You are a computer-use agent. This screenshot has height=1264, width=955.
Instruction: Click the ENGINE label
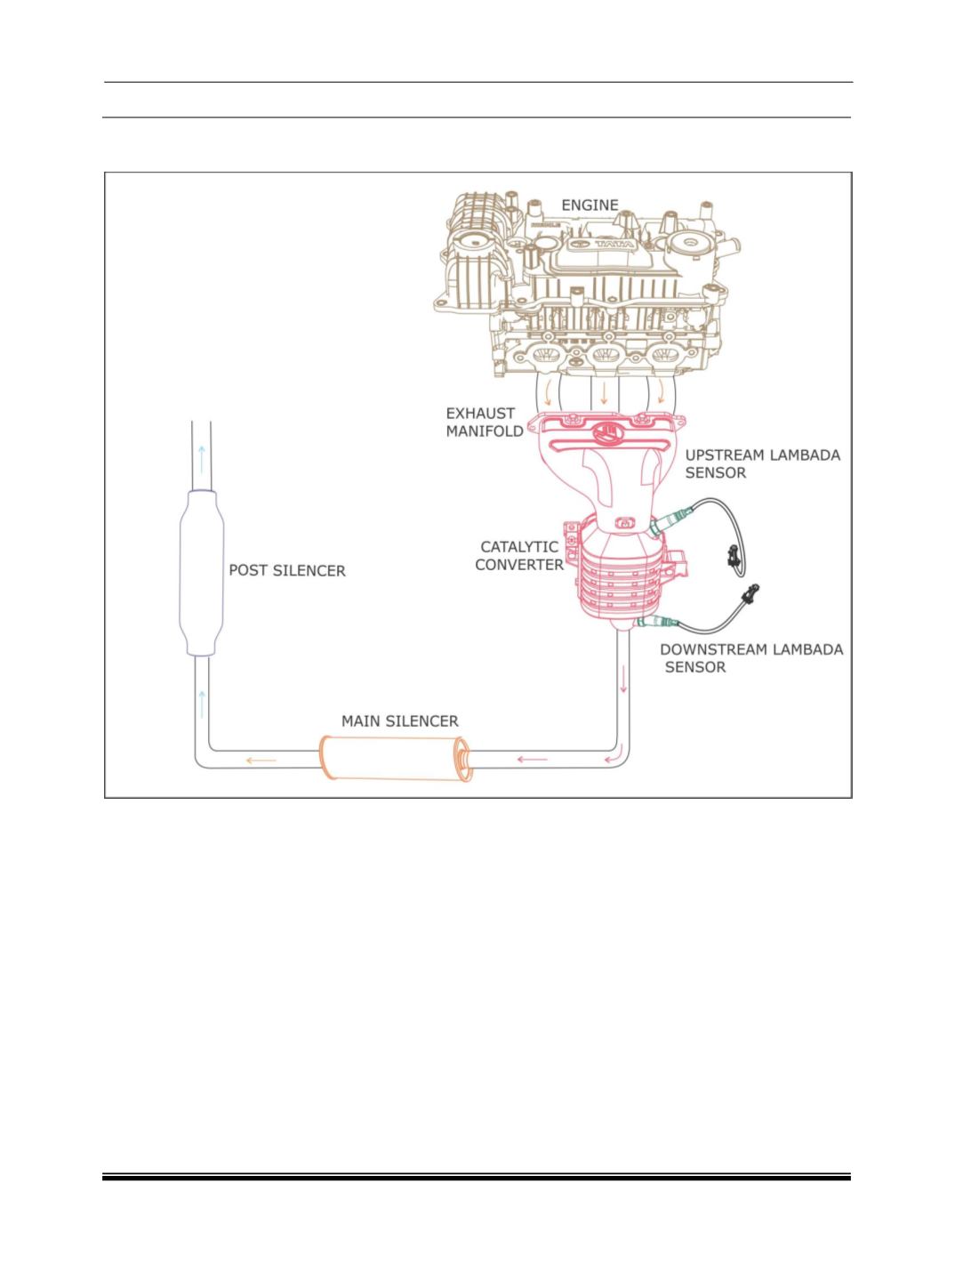click(590, 205)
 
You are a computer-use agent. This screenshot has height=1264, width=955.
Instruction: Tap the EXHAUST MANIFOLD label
click(484, 423)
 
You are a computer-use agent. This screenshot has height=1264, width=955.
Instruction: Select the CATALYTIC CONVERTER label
click(519, 556)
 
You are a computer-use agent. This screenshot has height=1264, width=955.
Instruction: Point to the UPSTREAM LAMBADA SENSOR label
click(762, 464)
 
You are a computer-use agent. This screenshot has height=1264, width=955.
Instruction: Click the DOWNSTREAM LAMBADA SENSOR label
click(751, 658)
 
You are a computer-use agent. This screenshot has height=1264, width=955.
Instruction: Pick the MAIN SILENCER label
click(400, 721)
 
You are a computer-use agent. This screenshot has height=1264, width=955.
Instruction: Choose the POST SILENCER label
click(287, 571)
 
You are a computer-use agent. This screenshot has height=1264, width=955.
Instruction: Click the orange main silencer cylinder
click(396, 759)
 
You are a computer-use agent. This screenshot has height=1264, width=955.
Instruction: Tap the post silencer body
click(201, 573)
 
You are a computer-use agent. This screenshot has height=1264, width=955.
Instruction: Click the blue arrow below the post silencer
click(202, 704)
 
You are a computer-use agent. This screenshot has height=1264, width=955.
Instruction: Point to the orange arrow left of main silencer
click(261, 761)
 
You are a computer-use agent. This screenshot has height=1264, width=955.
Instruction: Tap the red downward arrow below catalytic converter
click(623, 680)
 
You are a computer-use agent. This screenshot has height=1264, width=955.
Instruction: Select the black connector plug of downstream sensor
click(750, 593)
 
